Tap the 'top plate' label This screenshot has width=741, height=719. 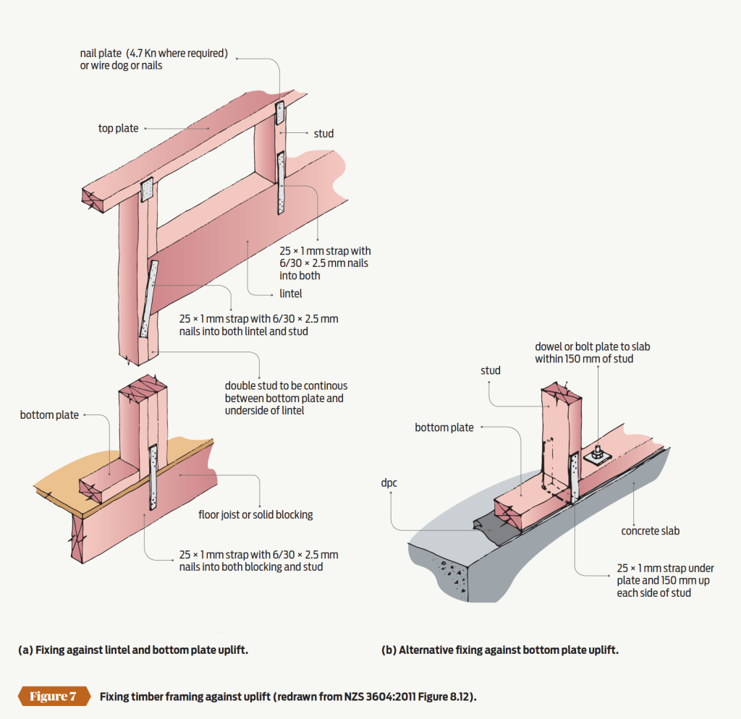click(118, 129)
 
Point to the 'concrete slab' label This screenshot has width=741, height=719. click(650, 531)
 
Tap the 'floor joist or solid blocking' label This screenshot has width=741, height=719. click(255, 515)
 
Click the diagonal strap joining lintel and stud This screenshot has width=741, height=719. click(150, 299)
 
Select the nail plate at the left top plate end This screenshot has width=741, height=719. click(148, 190)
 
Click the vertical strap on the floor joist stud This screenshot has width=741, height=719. click(153, 478)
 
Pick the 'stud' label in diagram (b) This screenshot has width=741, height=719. click(490, 370)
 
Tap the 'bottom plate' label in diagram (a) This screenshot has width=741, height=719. click(49, 415)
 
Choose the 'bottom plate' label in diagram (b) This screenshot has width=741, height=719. click(444, 427)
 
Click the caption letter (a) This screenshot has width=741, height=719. click(25, 650)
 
